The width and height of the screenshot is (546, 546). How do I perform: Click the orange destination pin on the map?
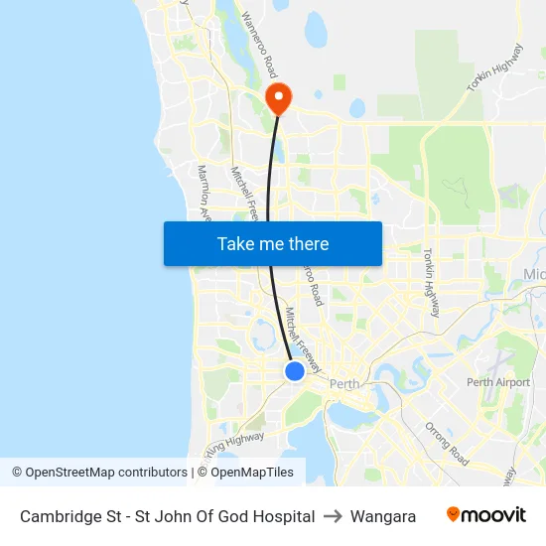click(x=277, y=97)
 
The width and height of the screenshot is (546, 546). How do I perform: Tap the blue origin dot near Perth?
click(x=295, y=370)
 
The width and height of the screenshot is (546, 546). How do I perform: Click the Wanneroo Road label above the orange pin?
click(x=256, y=45)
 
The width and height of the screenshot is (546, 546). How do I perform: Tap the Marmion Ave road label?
click(x=205, y=194)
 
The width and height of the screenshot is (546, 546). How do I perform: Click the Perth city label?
click(x=344, y=384)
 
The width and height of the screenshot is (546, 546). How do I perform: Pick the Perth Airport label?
click(x=498, y=382)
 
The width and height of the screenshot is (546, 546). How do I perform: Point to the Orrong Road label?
click(x=446, y=444)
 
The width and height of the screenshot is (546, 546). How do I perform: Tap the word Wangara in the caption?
click(x=383, y=516)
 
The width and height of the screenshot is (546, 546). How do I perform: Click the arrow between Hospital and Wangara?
click(x=333, y=516)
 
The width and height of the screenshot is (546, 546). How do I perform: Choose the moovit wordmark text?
click(x=494, y=515)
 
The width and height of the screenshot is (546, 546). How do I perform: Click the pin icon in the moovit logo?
click(x=454, y=514)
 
